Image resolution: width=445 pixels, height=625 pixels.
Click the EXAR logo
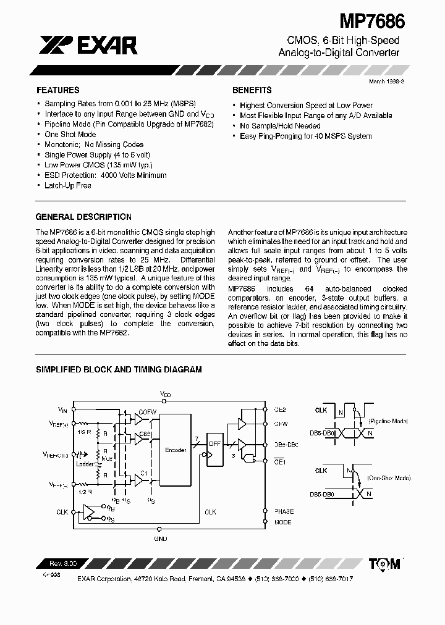tap(89, 44)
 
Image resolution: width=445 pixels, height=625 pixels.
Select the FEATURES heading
tap(57, 90)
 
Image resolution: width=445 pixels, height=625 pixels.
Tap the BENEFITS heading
tap(252, 90)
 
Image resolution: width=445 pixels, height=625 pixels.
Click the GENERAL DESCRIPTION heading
tap(83, 217)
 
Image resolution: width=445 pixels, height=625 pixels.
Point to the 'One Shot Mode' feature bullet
tap(70, 135)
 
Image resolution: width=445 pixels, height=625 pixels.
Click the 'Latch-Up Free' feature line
tap(67, 185)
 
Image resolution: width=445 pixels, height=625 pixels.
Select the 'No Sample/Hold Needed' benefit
tap(280, 126)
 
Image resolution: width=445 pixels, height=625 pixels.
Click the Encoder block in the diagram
tap(176, 450)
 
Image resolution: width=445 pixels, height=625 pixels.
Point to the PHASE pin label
tap(284, 511)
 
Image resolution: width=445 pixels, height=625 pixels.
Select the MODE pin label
tap(282, 522)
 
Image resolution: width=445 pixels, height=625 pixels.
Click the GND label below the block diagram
tap(161, 538)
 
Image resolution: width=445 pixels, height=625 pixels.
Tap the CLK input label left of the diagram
tap(62, 511)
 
